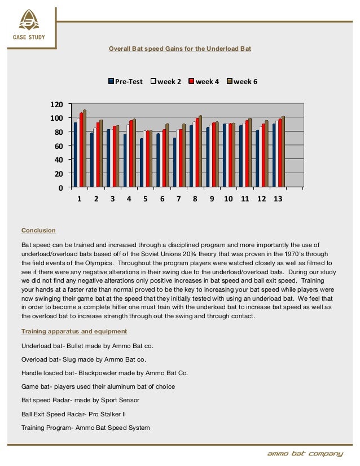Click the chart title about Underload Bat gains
[180, 49]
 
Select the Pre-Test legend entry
[126, 81]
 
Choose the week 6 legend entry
[242, 81]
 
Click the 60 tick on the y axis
[56, 146]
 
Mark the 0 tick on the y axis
[58, 187]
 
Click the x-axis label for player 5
[146, 200]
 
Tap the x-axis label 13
[278, 200]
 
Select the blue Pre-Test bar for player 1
[75, 154]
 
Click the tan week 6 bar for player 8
[200, 151]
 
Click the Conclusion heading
[38, 230]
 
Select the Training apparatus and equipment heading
[74, 331]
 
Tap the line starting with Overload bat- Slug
[84, 359]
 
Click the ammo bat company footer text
[305, 454]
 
